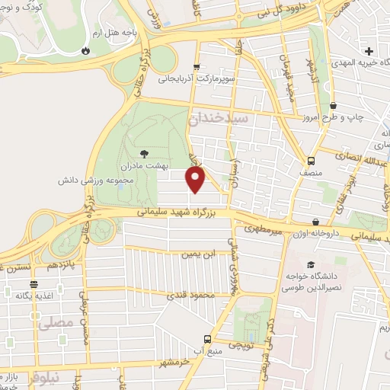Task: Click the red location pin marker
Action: pos(196,179)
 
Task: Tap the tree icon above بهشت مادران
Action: pos(145,153)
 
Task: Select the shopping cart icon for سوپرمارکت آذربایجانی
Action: pos(197,66)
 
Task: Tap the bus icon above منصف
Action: pos(311,161)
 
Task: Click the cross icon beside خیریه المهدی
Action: pos(369,51)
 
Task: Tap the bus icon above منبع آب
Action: pos(206,339)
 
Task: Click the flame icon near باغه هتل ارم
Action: pos(85,51)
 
